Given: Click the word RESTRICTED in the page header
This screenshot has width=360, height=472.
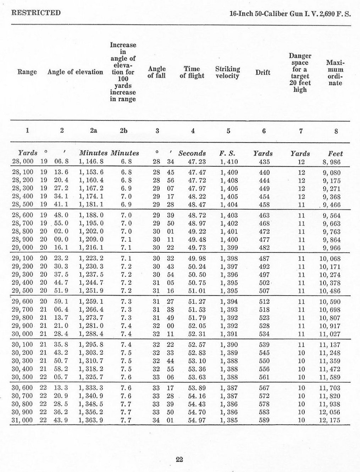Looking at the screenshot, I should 36,13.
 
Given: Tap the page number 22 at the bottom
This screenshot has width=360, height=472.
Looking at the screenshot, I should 179,459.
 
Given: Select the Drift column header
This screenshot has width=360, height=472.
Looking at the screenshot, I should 263,72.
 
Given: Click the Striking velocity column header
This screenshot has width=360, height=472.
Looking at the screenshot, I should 227,72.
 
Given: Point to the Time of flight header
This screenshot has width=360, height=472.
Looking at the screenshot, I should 192,72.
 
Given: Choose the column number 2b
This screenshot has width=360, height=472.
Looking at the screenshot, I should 123,131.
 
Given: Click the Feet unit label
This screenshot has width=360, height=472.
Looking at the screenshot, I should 336,154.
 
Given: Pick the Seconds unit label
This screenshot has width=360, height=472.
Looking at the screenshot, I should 192,154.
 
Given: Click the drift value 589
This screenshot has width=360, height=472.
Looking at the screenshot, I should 264,420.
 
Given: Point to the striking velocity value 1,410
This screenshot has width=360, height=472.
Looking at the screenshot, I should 229,162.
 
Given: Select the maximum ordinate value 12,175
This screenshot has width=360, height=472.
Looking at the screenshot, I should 329,420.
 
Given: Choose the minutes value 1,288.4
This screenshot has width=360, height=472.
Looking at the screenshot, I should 92,334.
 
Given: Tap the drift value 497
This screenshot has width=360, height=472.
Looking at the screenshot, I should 264,275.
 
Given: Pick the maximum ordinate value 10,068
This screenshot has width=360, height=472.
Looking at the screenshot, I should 329,259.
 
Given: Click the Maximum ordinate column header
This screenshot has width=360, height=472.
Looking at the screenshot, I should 335,72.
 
